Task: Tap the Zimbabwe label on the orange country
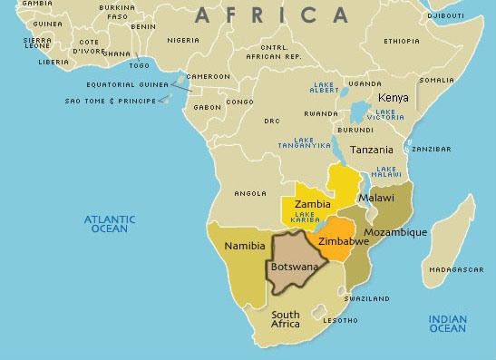pos(344,243)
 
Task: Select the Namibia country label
pos(245,246)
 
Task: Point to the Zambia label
pos(312,204)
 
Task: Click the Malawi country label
pos(375,198)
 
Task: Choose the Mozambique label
pos(394,232)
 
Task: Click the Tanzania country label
pos(372,150)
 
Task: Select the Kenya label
pos(393,97)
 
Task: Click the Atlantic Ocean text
pos(110,224)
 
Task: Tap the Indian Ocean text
pos(447,323)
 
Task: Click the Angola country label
pos(249,193)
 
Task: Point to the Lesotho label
pos(341,320)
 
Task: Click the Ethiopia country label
pos(401,41)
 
